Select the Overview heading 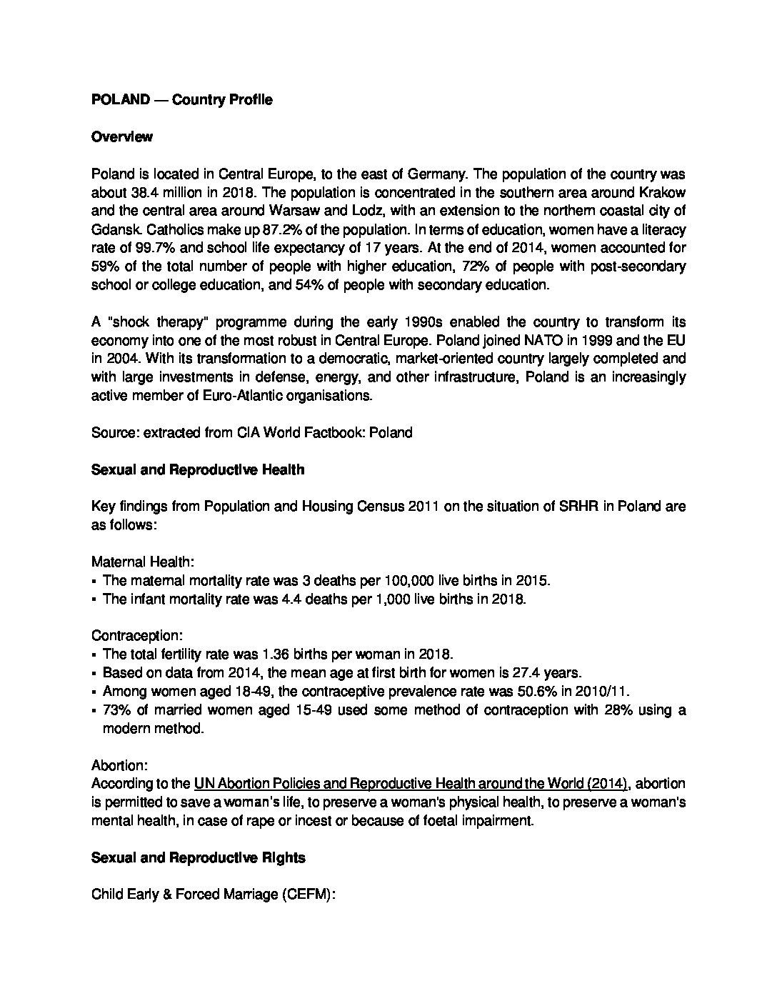coord(121,136)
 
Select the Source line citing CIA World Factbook coord(251,432)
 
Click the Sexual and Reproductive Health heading coord(198,469)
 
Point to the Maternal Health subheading coord(136,562)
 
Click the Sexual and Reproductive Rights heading coord(199,857)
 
